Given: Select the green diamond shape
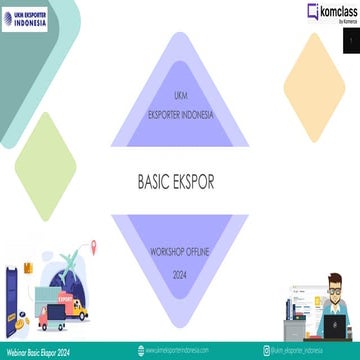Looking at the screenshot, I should (x=46, y=152).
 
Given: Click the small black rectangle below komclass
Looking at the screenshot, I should (x=352, y=39).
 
